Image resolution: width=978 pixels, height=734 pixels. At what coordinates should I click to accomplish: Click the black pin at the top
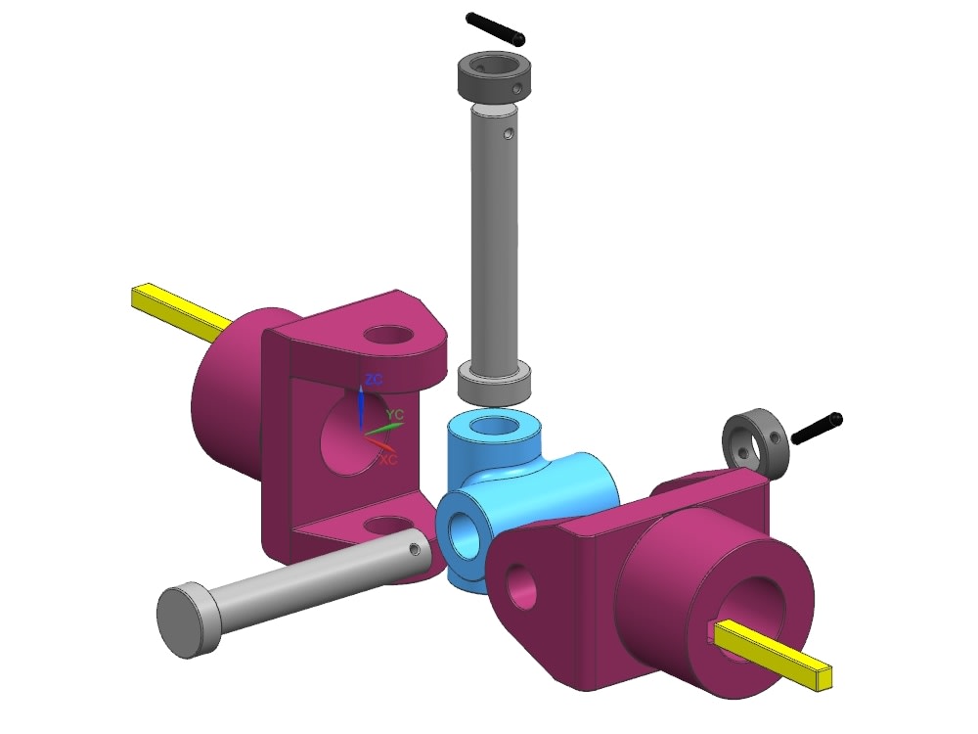tap(495, 27)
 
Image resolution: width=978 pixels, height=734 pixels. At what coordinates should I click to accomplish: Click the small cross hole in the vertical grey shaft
tap(507, 133)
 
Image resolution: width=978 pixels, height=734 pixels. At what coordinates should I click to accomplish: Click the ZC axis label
tap(373, 378)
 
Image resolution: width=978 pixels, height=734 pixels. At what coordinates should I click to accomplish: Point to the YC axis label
tap(395, 415)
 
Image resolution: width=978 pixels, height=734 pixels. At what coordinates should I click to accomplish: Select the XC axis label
tap(388, 457)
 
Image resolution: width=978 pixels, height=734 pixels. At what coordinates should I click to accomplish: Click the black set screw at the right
tap(816, 428)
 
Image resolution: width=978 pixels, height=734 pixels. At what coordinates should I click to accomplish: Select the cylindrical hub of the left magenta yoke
tap(230, 391)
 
